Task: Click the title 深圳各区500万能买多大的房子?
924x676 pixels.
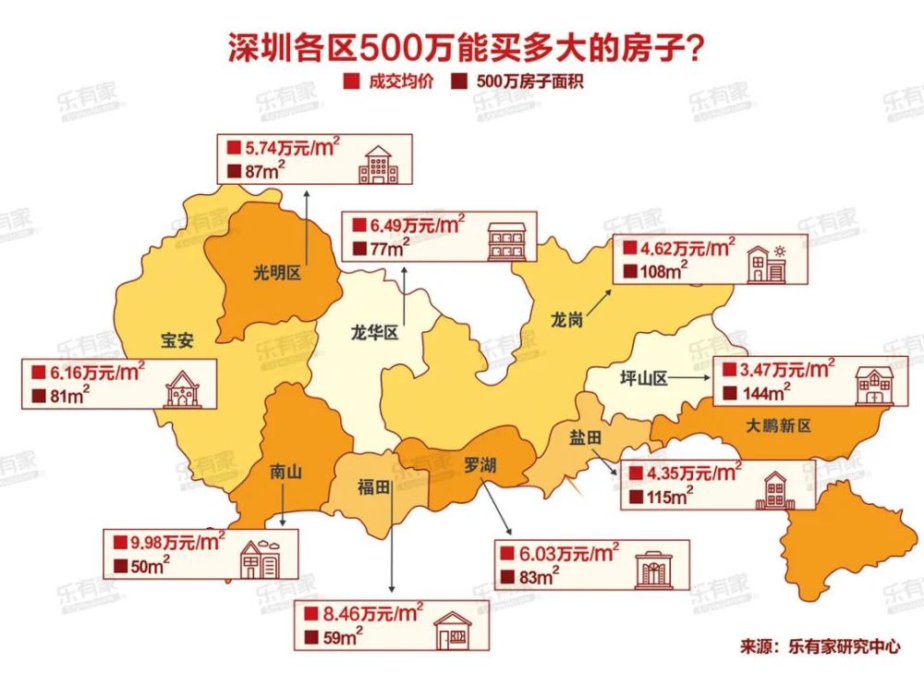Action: [x=462, y=45]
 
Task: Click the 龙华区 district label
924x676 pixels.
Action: [x=375, y=332]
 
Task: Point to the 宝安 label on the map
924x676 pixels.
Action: [x=176, y=340]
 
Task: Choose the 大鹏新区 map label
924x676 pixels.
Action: [x=777, y=425]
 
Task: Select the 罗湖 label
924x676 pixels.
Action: [x=480, y=465]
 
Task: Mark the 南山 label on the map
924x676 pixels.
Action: [x=286, y=471]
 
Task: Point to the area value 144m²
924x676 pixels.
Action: [x=762, y=393]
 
